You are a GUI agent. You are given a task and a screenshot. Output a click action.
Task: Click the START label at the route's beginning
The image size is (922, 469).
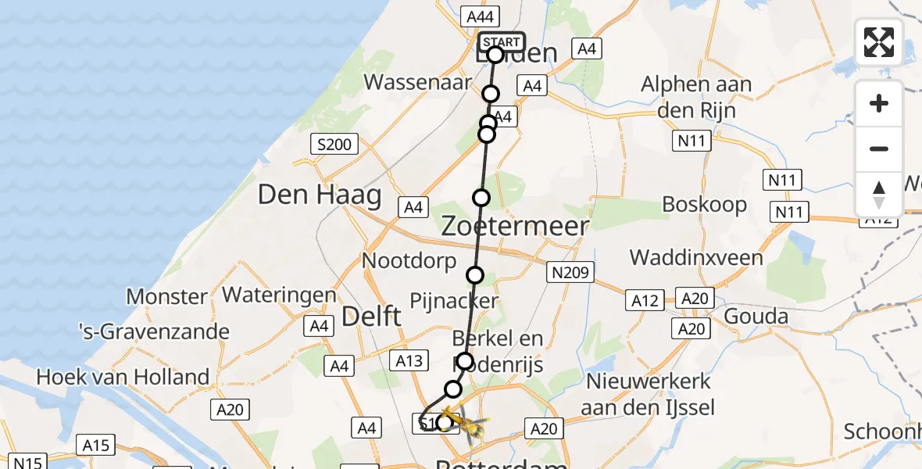[x=501, y=42]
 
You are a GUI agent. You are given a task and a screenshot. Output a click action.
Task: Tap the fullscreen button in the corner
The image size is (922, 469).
[x=879, y=42]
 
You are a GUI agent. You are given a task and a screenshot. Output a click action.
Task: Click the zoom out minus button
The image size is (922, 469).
[x=879, y=149]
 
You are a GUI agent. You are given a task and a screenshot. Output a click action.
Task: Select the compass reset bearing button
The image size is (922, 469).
[x=879, y=194]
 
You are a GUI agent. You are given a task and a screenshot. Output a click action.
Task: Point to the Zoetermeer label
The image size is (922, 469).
[x=515, y=227]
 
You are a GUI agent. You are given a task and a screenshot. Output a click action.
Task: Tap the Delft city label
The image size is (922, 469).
[x=372, y=317]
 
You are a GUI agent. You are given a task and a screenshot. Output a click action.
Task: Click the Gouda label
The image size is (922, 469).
[x=756, y=316]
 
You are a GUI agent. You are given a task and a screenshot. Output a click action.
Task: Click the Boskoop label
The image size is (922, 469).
[x=704, y=205]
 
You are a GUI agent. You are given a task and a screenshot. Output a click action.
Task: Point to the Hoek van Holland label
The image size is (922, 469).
[x=123, y=377]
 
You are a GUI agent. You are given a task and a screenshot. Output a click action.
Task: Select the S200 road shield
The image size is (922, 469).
[x=334, y=144]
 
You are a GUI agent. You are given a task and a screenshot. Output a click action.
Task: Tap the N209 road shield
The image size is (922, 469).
[x=570, y=272]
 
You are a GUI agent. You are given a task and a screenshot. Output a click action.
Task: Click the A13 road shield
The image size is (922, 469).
[x=410, y=360]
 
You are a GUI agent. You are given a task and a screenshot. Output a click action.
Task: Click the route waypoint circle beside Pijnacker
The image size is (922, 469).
[x=475, y=275]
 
